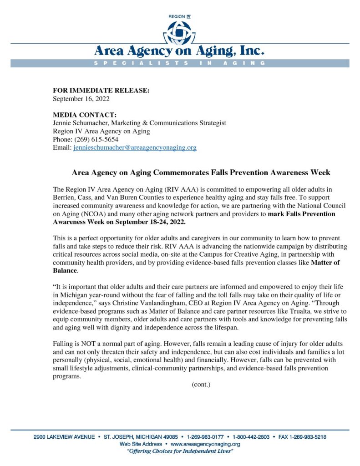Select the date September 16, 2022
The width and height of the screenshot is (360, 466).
tap(81, 98)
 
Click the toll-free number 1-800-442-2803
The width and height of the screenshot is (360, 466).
tap(250, 437)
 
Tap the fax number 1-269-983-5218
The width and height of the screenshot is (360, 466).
tap(307, 437)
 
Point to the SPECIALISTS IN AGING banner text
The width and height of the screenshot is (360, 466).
tap(180, 63)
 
